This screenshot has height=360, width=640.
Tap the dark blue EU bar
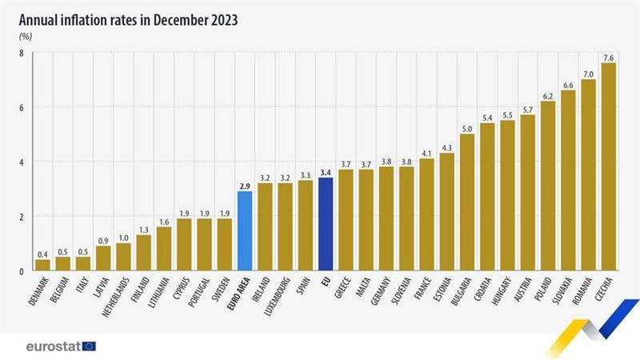click(326, 224)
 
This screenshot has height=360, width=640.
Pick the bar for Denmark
click(42, 265)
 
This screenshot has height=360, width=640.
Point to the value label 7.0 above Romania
click(588, 73)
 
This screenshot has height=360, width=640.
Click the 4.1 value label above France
click(427, 152)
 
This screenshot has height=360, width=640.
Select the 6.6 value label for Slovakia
click(568, 83)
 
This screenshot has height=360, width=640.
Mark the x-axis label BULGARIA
click(459, 296)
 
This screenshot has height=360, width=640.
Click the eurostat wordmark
click(52, 346)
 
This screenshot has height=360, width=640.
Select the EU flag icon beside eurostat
click(89, 346)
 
